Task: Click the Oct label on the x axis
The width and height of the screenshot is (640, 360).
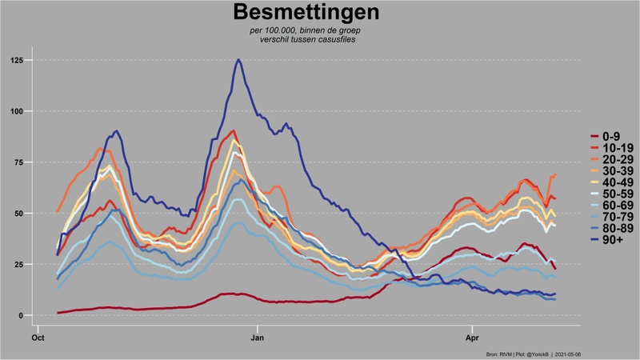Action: coord(38,338)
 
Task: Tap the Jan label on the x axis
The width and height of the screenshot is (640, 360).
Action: coord(258,338)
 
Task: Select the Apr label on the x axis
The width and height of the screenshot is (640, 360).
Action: coord(472,338)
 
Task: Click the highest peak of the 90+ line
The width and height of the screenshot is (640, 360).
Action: coord(238,60)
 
